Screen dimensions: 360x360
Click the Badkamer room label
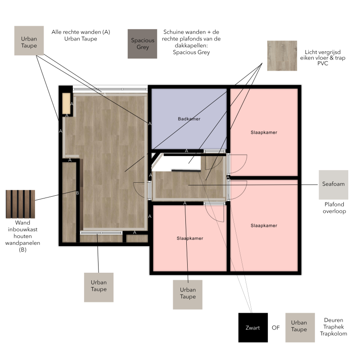click(189, 119)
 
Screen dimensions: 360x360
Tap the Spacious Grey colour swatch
click(142, 44)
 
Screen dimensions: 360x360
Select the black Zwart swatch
click(253, 328)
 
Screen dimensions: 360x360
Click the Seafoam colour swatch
click(333, 185)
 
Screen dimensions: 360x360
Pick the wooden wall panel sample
click(20, 204)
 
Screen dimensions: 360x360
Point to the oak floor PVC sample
click(282, 56)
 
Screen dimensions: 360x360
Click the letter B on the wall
click(77, 193)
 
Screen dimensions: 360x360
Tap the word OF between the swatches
click(276, 328)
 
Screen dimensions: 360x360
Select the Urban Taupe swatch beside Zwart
click(300, 328)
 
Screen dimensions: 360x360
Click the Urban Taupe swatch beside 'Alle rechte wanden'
click(29, 40)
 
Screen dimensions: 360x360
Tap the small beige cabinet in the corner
click(66, 103)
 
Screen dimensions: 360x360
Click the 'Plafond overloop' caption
click(334, 208)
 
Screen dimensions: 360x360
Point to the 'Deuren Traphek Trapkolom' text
click(333, 327)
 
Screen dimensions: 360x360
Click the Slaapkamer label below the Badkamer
click(190, 238)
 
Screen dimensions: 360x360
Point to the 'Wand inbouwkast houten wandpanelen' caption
click(22, 236)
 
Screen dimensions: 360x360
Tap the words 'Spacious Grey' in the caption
click(191, 52)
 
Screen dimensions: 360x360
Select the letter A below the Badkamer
click(186, 151)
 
